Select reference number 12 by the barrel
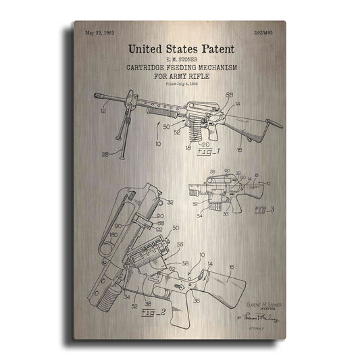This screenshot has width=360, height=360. (103, 109)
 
